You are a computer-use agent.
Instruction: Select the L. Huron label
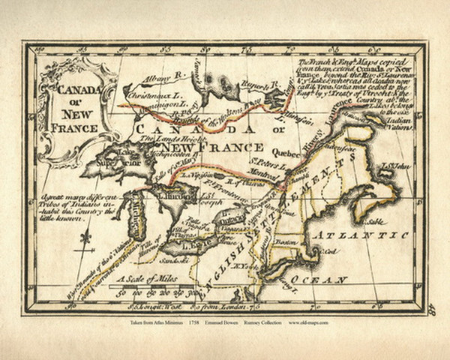(x=172, y=194)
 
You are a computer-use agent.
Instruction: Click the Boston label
(x=304, y=242)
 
